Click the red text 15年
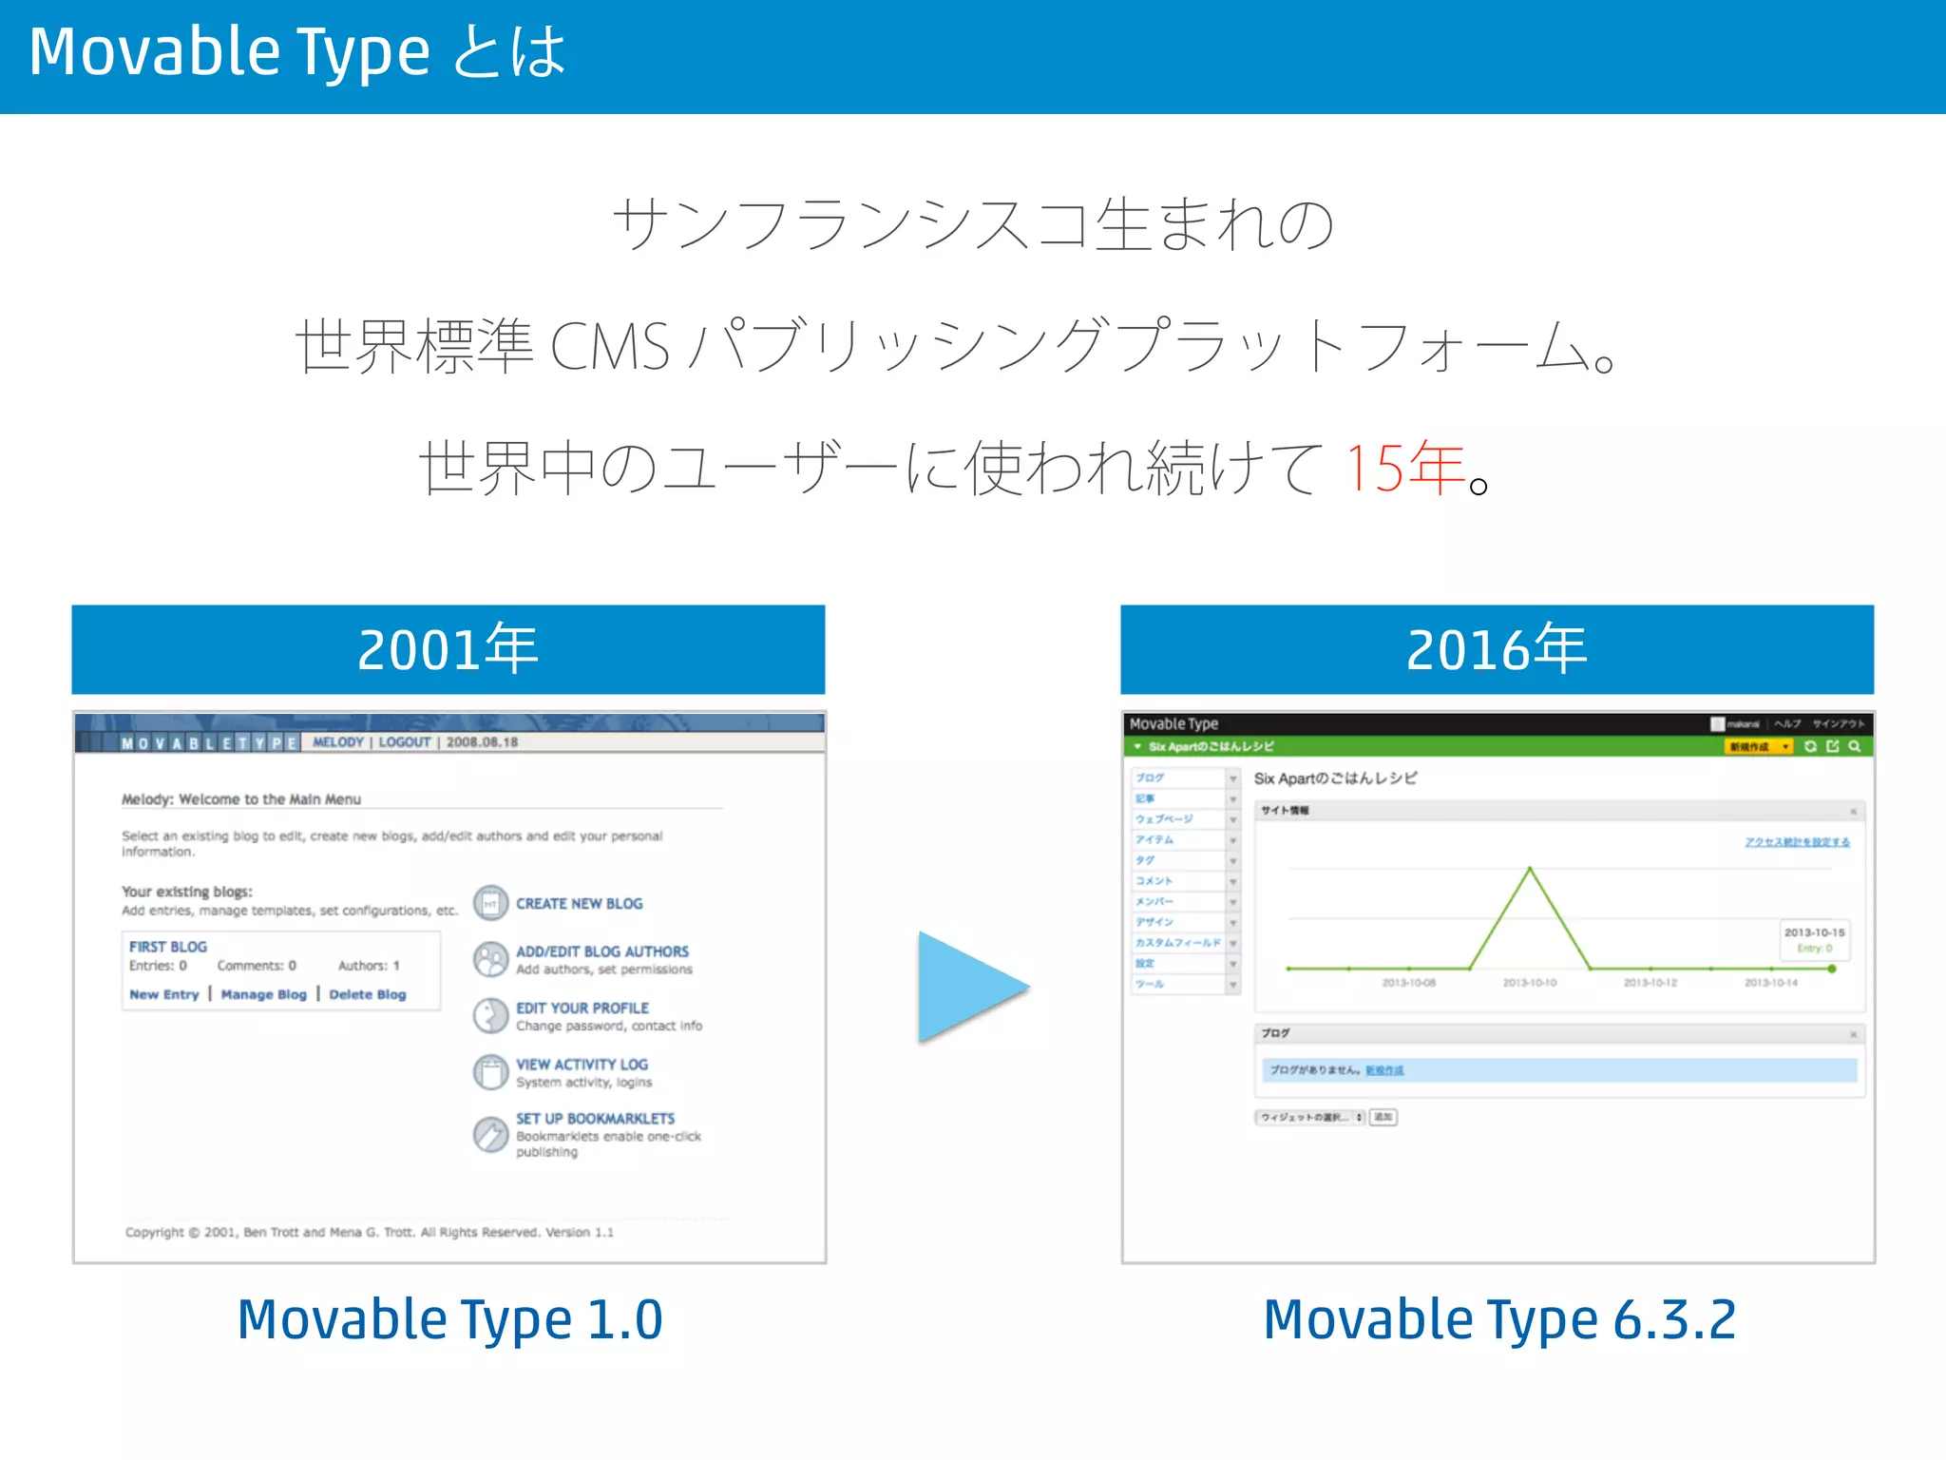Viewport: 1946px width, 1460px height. tap(1404, 468)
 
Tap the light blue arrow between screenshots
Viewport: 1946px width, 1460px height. tap(967, 988)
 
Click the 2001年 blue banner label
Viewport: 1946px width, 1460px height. tap(448, 649)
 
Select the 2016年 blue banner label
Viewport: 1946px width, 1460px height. tap(1497, 649)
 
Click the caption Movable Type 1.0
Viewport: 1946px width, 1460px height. tap(449, 1319)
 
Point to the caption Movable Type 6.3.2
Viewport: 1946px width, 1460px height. tap(1498, 1319)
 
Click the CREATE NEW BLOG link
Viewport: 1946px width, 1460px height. tap(579, 903)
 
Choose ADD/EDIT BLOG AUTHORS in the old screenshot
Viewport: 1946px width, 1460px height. tap(601, 951)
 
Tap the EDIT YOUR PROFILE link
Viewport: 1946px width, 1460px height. tap(582, 1008)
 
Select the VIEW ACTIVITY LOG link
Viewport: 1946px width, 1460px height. tap(582, 1065)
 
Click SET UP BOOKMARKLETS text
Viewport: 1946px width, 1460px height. tap(595, 1119)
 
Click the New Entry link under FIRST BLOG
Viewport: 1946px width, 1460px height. tap(164, 994)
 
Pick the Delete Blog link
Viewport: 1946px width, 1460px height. tap(367, 994)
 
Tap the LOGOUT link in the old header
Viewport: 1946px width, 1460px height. tap(404, 742)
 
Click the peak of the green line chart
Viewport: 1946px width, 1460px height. tap(1529, 869)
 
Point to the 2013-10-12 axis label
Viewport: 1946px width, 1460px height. tap(1650, 983)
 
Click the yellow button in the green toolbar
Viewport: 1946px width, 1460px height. tap(1757, 747)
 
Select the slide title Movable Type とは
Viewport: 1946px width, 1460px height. tap(296, 52)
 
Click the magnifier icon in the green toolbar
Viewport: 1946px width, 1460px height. tap(1854, 747)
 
